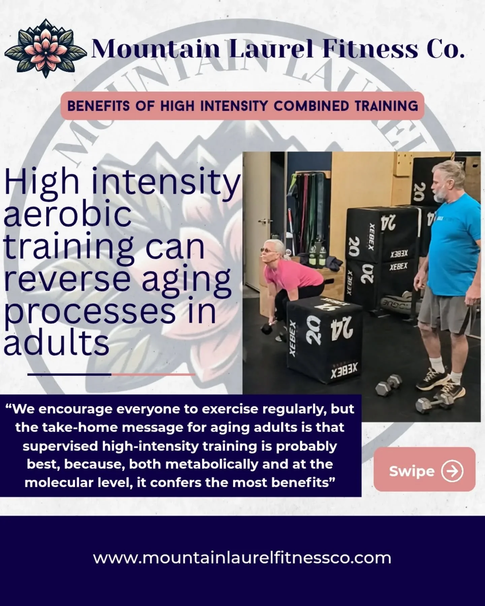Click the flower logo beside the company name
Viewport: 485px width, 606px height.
tap(46, 48)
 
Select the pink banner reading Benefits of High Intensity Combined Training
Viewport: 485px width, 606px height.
tap(242, 106)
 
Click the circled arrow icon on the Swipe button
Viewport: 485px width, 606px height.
tap(452, 471)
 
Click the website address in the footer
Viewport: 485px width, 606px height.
tap(242, 558)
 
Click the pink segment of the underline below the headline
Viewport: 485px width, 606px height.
tap(153, 374)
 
